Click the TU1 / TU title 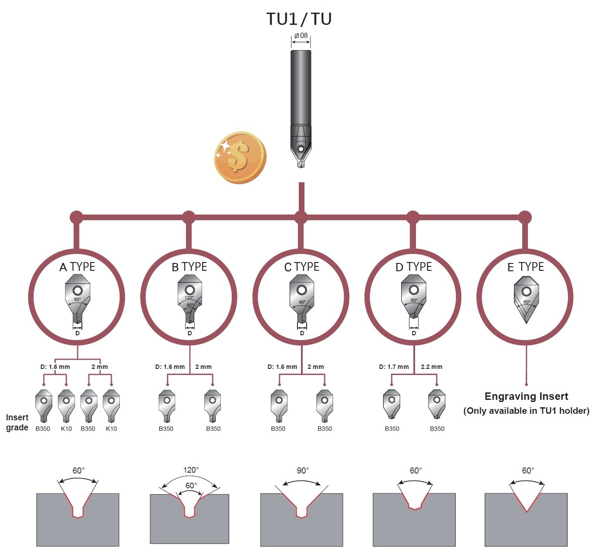click(x=299, y=19)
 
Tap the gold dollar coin click(x=240, y=158)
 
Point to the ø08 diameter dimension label click(x=301, y=35)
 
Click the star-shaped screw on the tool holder click(x=301, y=149)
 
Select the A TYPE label click(x=77, y=267)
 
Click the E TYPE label click(x=525, y=267)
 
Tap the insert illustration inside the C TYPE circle click(x=301, y=299)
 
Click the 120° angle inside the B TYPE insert click(x=189, y=298)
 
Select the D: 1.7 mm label click(x=394, y=367)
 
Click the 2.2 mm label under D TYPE click(x=431, y=367)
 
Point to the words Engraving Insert click(x=526, y=396)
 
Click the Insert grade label click(x=17, y=423)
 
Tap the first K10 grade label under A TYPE click(x=66, y=429)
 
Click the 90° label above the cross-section click(x=303, y=470)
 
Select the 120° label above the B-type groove click(x=191, y=470)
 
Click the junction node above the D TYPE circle click(x=413, y=218)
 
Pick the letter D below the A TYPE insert click(x=78, y=333)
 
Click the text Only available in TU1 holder click(x=526, y=411)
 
